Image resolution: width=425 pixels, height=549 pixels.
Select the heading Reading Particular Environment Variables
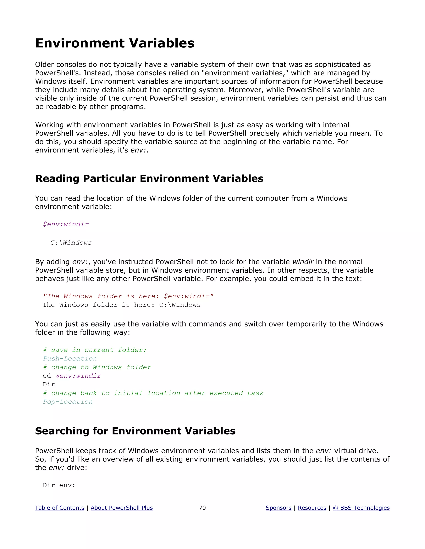coord(149,178)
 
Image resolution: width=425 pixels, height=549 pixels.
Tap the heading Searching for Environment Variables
coord(135,431)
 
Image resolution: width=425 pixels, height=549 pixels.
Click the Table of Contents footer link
coord(59,508)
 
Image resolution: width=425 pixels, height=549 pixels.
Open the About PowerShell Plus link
coord(122,508)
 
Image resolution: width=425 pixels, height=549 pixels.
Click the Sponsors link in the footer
coord(278,508)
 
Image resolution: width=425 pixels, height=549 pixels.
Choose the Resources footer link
coord(312,508)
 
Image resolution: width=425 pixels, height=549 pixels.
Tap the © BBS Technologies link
coord(361,508)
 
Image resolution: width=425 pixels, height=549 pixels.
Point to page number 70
coord(202,508)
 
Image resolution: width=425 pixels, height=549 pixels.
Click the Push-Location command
coord(70,359)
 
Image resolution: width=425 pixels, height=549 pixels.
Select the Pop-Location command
coord(68,402)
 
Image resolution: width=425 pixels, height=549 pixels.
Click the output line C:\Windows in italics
coord(71,243)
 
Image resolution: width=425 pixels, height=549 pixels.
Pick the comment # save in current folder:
coord(95,350)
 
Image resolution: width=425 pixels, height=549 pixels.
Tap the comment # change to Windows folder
coord(97,367)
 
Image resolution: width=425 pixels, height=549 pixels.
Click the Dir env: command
coord(59,485)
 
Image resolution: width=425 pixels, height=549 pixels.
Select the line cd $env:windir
coord(72,376)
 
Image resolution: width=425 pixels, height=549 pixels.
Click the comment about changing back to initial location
coord(153,393)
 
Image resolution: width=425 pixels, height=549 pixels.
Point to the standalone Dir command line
coord(49,385)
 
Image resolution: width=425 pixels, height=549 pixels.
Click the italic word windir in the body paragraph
coord(303,262)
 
